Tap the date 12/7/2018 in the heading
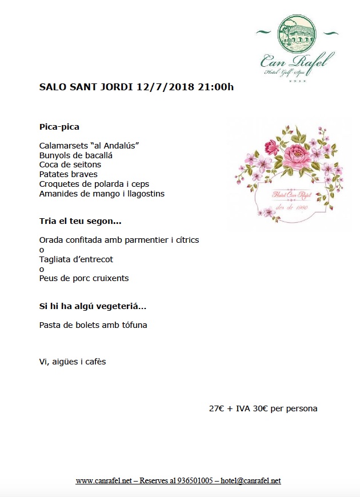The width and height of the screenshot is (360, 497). click(166, 87)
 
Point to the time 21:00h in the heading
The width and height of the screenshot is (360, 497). click(215, 87)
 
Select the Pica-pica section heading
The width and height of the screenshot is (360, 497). click(59, 126)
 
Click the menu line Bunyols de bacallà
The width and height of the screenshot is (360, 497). click(76, 155)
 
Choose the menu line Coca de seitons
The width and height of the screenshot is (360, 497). click(70, 165)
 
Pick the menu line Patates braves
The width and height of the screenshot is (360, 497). click(69, 174)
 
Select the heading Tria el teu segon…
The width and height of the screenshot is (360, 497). click(81, 221)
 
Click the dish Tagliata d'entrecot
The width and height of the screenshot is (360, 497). click(76, 259)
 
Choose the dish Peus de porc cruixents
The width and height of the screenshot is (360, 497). click(84, 279)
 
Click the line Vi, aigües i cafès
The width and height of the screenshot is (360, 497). click(73, 362)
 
